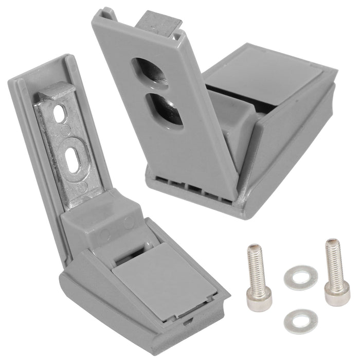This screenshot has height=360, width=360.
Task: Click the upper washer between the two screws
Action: [x=301, y=277]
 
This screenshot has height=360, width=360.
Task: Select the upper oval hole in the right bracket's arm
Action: [x=150, y=71]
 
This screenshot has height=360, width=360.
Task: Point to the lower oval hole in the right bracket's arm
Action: [x=165, y=111]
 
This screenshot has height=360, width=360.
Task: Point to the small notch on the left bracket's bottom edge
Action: [x=188, y=321]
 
